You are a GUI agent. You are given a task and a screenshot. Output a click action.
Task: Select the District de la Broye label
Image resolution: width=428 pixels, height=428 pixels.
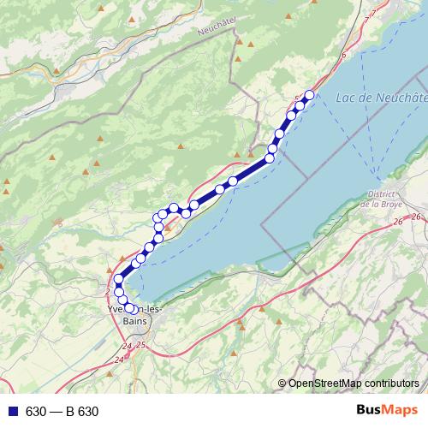pos(381,199)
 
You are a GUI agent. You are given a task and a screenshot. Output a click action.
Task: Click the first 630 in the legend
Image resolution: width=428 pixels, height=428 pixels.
pos(35,412)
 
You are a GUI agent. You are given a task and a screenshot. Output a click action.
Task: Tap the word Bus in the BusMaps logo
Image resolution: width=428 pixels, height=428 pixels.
pos(371,411)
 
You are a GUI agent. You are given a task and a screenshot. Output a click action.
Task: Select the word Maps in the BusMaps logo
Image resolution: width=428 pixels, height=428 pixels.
pos(402,411)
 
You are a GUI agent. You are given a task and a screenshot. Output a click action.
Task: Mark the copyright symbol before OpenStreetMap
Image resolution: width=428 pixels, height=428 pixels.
pos(283,383)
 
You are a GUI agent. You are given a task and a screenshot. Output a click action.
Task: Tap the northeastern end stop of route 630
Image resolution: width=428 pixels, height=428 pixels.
pos(310,95)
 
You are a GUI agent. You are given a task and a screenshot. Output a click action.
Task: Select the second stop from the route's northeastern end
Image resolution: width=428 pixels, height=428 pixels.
pos(300,106)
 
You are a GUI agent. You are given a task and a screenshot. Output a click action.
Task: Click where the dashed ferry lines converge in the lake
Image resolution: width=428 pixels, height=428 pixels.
pos(374,167)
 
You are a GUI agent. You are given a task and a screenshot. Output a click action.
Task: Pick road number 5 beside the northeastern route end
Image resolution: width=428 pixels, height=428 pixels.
pos(297,98)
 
